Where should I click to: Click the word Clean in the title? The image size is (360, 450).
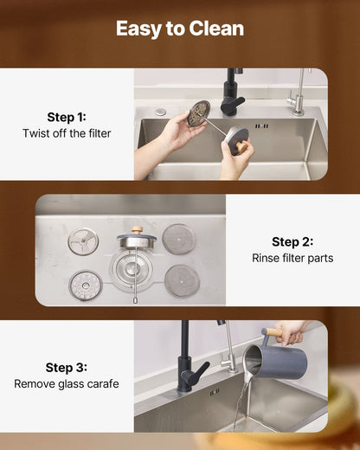[x=216, y=29]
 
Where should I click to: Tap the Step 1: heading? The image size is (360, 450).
[x=67, y=118]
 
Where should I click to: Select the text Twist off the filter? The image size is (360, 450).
[x=67, y=133]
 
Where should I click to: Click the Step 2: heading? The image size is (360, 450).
[x=292, y=242]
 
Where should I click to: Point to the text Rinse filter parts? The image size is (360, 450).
[x=292, y=258]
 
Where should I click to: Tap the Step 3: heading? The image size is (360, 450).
[x=67, y=368]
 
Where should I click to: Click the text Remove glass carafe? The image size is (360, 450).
[x=67, y=384]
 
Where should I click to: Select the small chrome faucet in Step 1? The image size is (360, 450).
[x=298, y=95]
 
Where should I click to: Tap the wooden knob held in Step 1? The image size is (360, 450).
[x=241, y=147]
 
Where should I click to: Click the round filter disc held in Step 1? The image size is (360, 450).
[x=198, y=113]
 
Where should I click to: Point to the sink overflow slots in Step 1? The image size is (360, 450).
[x=262, y=126]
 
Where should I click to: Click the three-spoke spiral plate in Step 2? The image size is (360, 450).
[x=83, y=241]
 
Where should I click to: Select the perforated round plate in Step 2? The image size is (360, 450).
[x=85, y=286]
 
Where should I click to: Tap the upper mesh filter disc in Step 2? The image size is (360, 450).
[x=179, y=239]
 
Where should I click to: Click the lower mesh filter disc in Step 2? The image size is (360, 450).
[x=182, y=280]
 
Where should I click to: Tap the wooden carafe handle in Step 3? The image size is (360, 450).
[x=273, y=332]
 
